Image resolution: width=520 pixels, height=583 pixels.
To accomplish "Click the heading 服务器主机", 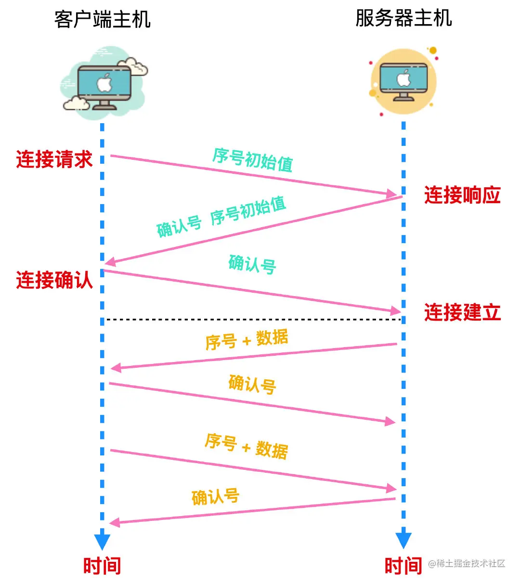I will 403,19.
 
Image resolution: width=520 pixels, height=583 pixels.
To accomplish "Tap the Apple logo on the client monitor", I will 104,83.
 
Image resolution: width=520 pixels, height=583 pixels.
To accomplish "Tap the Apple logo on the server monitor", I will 403,78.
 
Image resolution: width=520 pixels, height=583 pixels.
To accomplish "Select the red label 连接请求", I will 54,159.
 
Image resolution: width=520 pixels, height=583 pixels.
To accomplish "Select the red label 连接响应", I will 462,195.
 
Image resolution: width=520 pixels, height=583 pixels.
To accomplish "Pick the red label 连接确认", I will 54,280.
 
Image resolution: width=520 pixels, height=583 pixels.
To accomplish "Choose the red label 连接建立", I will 462,312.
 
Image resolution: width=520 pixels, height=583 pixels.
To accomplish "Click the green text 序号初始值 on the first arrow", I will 253,160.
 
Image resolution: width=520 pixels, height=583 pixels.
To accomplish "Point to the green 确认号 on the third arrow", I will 252,264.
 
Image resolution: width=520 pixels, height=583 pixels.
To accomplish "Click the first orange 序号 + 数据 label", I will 247,340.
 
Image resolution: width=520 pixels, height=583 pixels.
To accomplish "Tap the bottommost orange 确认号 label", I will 215,496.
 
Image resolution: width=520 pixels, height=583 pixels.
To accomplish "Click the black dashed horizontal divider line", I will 253,319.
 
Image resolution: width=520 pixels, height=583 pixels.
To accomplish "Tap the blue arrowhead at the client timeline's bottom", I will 102,541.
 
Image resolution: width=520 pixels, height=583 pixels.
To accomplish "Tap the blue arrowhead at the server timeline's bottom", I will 403,540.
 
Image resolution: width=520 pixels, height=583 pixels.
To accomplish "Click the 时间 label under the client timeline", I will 102,566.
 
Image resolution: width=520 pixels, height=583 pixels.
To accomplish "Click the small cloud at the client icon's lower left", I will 76,103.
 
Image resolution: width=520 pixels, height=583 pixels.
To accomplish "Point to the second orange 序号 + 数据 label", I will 247,446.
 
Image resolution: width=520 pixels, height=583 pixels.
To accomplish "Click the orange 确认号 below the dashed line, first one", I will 252,385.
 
